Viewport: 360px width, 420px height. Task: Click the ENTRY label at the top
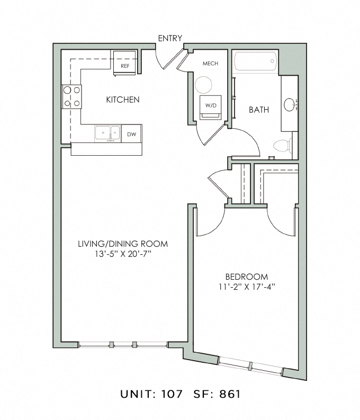point(170,38)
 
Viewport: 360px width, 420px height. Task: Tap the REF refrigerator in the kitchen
point(124,63)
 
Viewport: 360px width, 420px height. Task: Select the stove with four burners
point(71,97)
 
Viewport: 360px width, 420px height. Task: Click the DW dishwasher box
point(131,133)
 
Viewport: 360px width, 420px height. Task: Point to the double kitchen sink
point(107,133)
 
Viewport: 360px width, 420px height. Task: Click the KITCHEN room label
point(123,100)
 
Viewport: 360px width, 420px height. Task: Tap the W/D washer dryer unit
point(211,107)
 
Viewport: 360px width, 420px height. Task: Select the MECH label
point(210,64)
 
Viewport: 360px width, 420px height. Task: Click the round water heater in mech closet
point(203,85)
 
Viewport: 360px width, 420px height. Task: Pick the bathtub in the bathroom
point(255,61)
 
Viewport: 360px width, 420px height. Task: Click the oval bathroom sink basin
point(289,104)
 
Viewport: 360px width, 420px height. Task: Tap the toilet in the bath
point(283,146)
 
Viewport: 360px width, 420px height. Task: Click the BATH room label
point(259,110)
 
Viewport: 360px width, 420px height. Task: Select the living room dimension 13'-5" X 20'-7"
point(123,254)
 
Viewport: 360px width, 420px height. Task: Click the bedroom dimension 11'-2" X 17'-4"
point(247,287)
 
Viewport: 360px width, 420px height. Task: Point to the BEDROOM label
point(247,276)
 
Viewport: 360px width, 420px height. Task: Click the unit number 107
point(172,394)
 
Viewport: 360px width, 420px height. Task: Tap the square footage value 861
point(230,394)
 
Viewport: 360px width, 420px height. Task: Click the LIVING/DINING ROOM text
point(123,244)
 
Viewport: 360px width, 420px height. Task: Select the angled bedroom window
point(250,365)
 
